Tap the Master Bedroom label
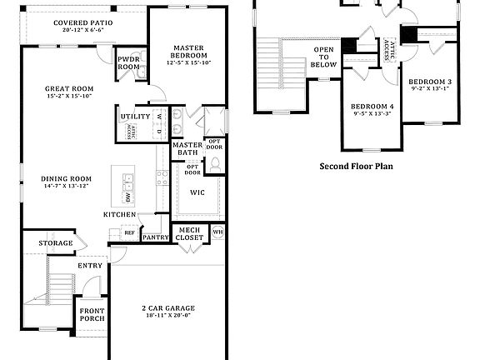[x=190, y=52]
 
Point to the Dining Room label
[x=67, y=178]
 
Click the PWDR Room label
[x=128, y=63]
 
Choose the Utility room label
[x=134, y=117]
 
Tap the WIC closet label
[x=197, y=193]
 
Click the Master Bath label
[x=185, y=149]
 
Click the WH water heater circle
[x=217, y=232]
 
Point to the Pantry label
[x=155, y=237]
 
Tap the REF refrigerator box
[x=129, y=232]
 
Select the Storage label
[x=56, y=243]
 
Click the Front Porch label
[x=92, y=315]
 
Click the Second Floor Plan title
[x=356, y=166]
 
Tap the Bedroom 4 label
[x=371, y=107]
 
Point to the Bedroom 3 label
[x=430, y=81]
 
